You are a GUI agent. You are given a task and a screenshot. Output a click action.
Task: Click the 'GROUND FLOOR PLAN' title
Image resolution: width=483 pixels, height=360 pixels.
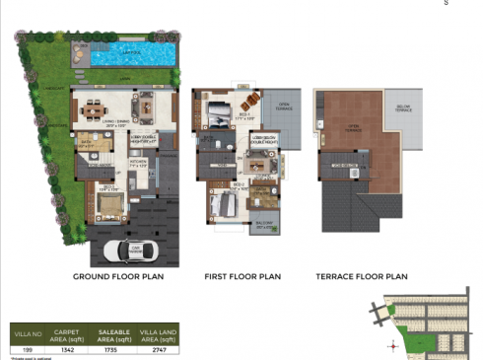pyautogui.click(x=118, y=277)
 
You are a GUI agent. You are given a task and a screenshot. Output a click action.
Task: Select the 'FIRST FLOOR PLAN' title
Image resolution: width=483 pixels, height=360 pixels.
pyautogui.click(x=241, y=277)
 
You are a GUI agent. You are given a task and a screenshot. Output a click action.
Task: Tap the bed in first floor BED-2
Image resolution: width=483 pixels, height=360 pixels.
pyautogui.click(x=226, y=205)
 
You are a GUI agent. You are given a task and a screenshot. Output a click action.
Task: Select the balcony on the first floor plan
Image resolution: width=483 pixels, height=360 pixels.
pyautogui.click(x=264, y=226)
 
